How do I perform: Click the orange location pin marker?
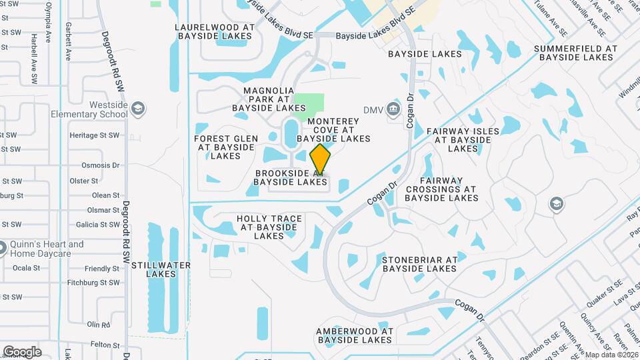(321, 158)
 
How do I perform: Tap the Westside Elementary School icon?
(138, 109)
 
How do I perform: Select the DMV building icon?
(393, 109)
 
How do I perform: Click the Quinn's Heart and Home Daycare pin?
(4, 247)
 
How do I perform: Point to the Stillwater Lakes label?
(161, 269)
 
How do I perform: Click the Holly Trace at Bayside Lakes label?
(269, 227)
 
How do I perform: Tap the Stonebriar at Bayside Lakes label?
(419, 263)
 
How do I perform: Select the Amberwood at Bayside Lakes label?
(354, 335)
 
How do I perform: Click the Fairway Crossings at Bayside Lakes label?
(441, 189)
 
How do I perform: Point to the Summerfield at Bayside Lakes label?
(576, 53)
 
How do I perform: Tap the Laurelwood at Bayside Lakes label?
(215, 32)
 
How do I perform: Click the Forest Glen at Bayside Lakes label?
(225, 147)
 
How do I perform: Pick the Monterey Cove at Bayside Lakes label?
(333, 130)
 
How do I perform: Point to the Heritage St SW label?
(94, 135)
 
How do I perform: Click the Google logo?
(22, 351)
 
